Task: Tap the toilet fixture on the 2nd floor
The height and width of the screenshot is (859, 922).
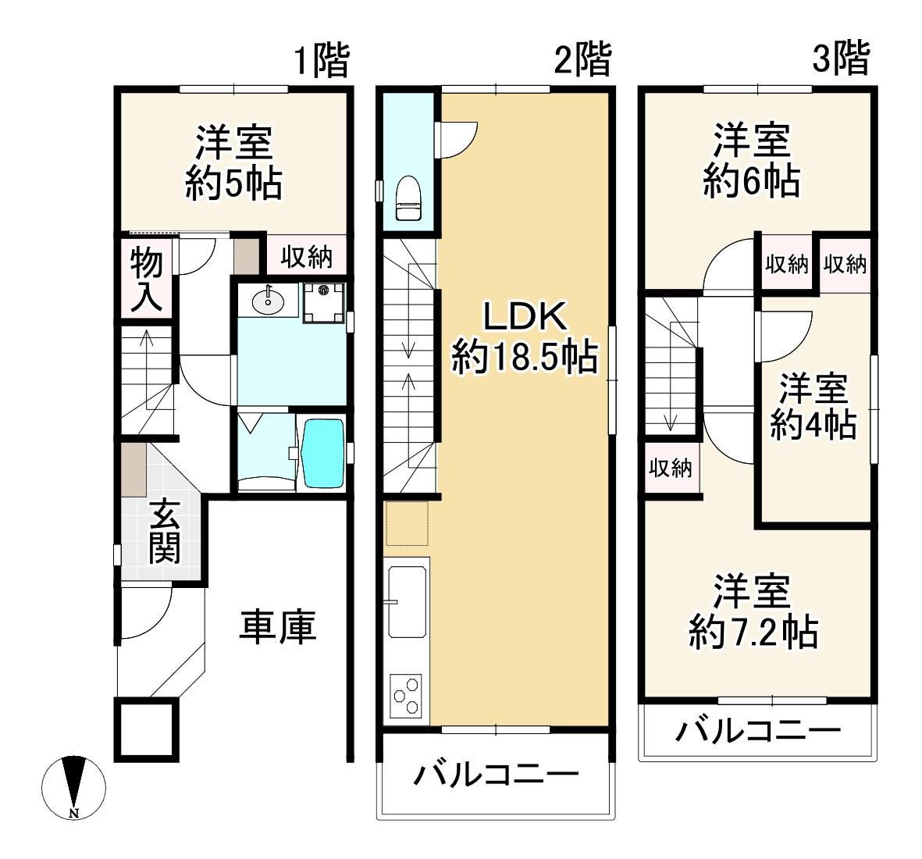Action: [408, 200]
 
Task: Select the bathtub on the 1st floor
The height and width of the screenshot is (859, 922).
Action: [322, 454]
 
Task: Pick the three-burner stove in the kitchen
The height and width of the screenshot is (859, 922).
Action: [407, 695]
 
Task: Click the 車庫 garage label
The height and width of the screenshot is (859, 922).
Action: [277, 626]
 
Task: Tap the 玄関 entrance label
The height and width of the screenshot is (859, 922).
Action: [165, 533]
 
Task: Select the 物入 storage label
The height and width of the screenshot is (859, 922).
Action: [145, 279]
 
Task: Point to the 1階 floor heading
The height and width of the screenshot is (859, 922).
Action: [321, 60]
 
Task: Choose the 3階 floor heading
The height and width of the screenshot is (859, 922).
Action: [841, 59]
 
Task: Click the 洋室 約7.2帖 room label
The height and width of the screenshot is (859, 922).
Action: [753, 611]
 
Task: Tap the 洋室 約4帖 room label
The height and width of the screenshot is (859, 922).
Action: [813, 406]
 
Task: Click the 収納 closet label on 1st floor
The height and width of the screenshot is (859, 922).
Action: [306, 256]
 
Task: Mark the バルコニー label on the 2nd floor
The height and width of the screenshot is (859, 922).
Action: [497, 775]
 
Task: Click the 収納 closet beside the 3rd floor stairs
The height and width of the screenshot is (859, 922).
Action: [671, 468]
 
